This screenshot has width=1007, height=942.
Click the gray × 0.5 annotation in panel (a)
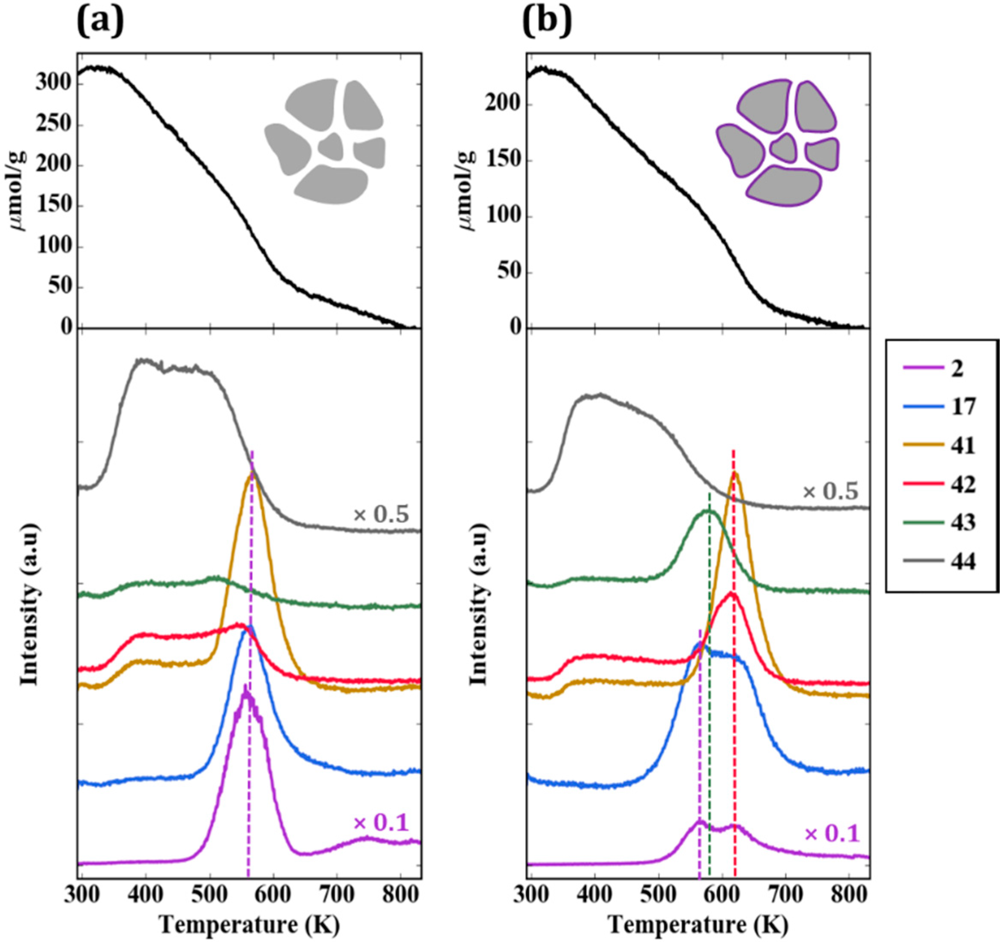(381, 514)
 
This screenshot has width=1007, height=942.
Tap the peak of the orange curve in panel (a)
(251, 475)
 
